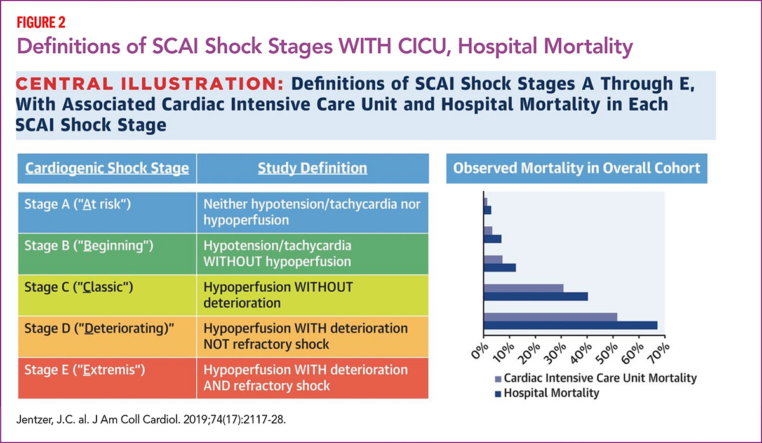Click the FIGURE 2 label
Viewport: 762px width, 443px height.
pyautogui.click(x=39, y=23)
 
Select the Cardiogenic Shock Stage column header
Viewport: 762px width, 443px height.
pyautogui.click(x=106, y=168)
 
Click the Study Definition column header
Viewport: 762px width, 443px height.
pyautogui.click(x=312, y=168)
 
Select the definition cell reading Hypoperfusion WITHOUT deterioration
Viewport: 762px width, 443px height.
pyautogui.click(x=312, y=294)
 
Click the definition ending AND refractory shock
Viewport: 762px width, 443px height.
pyautogui.click(x=312, y=377)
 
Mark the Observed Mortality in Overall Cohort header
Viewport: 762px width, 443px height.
pyautogui.click(x=577, y=168)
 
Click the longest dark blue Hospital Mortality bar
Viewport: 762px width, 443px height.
pyautogui.click(x=570, y=325)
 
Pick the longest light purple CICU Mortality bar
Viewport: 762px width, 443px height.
pyautogui.click(x=550, y=317)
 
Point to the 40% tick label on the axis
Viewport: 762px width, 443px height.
pyautogui.click(x=579, y=350)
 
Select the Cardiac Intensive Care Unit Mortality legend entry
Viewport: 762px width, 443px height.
pyautogui.click(x=594, y=378)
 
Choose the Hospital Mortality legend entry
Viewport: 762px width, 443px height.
pyautogui.click(x=545, y=393)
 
